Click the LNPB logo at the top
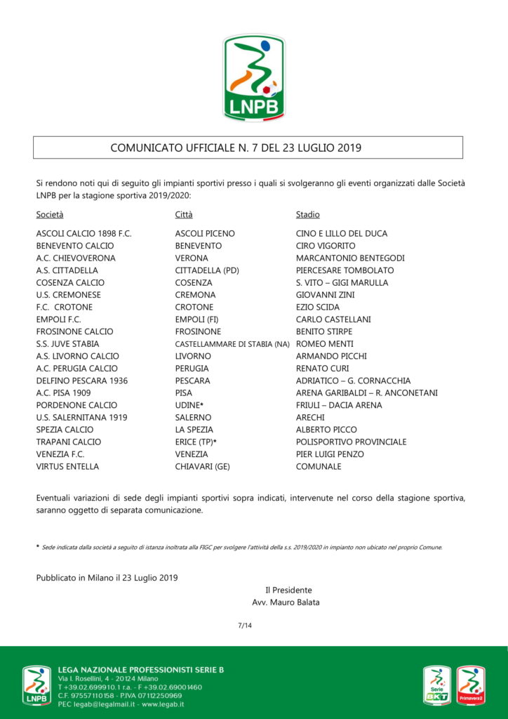click(x=254, y=77)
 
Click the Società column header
click(x=50, y=214)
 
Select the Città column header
click(x=184, y=214)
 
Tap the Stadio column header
click(x=308, y=214)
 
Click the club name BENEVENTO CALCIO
click(x=75, y=246)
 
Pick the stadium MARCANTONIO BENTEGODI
click(x=350, y=258)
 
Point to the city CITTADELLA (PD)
click(x=208, y=270)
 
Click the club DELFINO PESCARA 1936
click(x=81, y=381)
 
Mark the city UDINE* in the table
click(x=189, y=405)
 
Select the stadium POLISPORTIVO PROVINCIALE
click(x=351, y=442)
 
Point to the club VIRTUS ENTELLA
click(x=67, y=466)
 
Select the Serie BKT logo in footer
click(x=437, y=686)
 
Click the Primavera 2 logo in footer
click(x=472, y=686)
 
